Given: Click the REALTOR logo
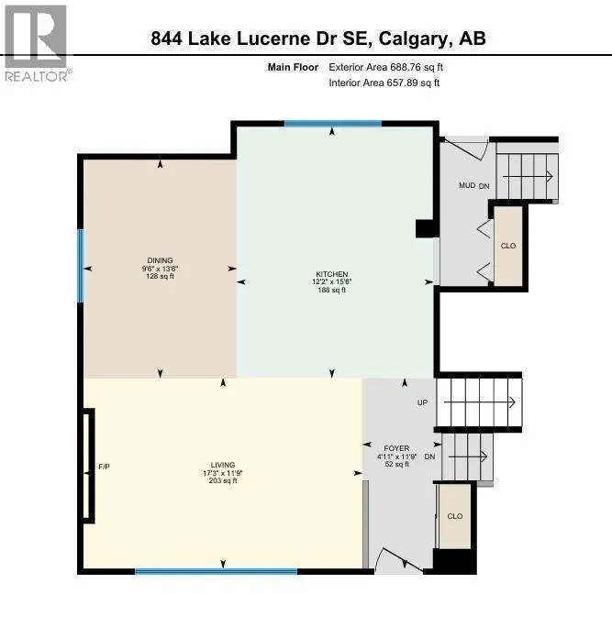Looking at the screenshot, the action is (36, 43).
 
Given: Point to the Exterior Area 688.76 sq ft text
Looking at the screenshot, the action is (386, 67).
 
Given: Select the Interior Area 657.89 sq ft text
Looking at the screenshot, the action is (384, 82).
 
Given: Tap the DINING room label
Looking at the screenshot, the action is (160, 260).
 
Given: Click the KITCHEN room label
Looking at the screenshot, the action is (332, 274).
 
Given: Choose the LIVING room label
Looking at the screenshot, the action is (223, 465).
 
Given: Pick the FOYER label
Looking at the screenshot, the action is (396, 448).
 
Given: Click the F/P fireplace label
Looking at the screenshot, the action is (104, 467).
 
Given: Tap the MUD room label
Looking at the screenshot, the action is (467, 185).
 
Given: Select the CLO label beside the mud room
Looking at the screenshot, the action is (508, 246).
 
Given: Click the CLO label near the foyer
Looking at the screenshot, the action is (455, 516).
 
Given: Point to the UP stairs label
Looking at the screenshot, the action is (422, 402).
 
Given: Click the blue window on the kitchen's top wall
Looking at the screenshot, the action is (333, 124).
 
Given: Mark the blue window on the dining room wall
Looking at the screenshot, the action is (81, 266).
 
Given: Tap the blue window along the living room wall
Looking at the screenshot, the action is (217, 571).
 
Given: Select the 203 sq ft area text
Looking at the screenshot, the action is (223, 480).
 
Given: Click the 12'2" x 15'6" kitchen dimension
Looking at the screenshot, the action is (332, 282).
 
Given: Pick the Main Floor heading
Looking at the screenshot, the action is (293, 67).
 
